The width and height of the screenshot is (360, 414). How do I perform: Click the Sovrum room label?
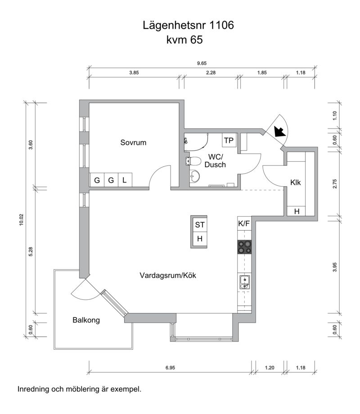(133, 142)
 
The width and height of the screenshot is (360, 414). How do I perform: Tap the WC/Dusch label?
(215, 160)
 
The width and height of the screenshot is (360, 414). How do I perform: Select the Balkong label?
(86, 320)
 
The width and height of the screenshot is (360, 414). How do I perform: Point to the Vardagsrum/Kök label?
(168, 276)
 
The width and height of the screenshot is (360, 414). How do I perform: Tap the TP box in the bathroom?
(229, 140)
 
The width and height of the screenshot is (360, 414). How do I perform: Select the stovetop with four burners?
(244, 247)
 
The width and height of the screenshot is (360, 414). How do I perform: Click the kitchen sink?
(244, 282)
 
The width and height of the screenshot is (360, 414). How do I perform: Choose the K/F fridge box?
(244, 224)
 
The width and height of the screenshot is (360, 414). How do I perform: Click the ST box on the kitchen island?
(200, 225)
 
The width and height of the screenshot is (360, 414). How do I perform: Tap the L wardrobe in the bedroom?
(125, 180)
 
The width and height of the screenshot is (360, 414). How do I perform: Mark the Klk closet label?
(295, 183)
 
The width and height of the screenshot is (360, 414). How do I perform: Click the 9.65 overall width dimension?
(202, 63)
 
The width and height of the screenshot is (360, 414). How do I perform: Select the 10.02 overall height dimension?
(22, 220)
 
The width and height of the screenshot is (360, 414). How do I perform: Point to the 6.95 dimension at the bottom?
(170, 368)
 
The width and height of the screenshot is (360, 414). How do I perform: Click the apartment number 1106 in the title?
(221, 25)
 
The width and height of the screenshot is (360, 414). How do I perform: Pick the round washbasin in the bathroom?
(195, 176)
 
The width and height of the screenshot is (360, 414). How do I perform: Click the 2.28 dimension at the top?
(211, 73)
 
